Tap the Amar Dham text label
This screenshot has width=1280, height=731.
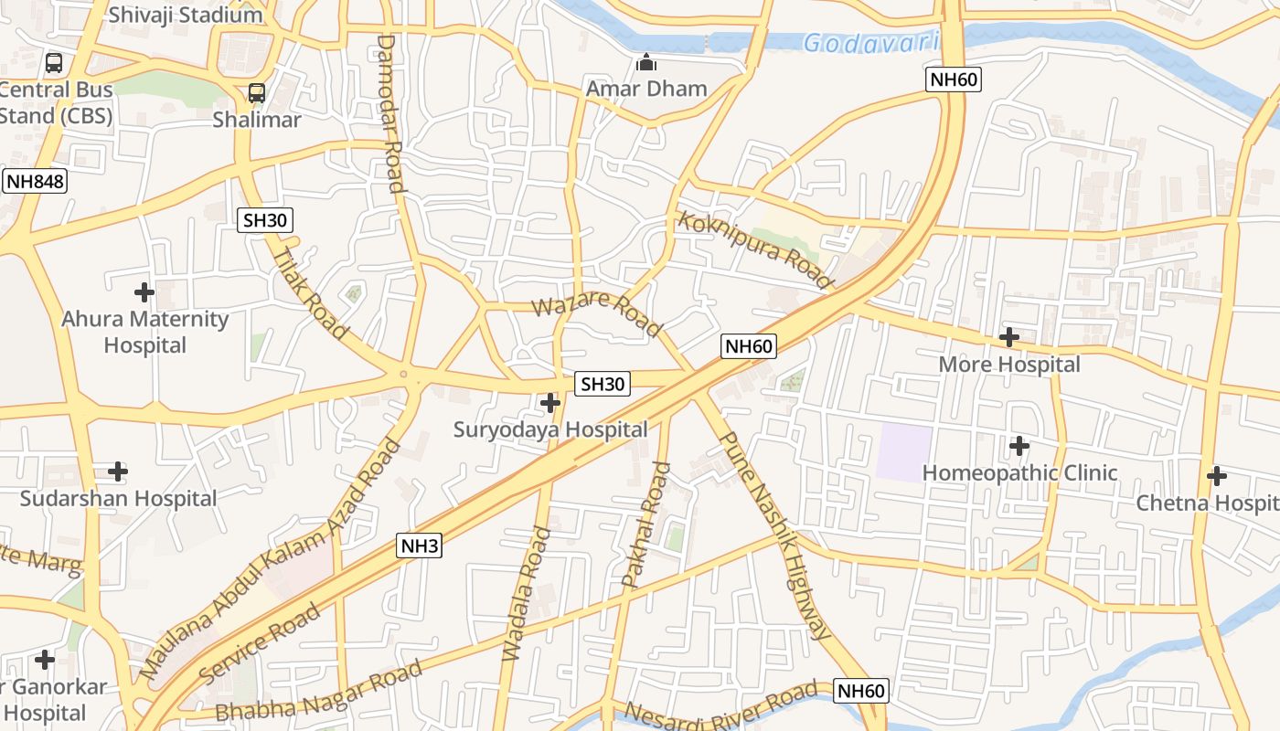[646, 89]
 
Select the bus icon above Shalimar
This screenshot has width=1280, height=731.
[257, 93]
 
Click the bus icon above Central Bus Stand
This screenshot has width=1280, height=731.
[54, 63]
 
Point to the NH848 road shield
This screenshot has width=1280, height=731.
[35, 181]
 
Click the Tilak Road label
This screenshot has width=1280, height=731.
[311, 293]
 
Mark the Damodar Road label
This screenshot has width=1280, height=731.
[389, 113]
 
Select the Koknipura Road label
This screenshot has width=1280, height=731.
[755, 249]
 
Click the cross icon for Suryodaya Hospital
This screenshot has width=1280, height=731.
[550, 402]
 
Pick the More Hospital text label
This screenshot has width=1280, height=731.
[1009, 365]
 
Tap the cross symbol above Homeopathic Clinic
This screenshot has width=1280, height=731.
[1019, 447]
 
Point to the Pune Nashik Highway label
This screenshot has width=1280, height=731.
[776, 534]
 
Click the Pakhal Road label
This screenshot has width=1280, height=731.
[645, 525]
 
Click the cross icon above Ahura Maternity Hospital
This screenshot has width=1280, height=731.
[144, 292]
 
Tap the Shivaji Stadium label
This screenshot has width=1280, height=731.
[185, 15]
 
